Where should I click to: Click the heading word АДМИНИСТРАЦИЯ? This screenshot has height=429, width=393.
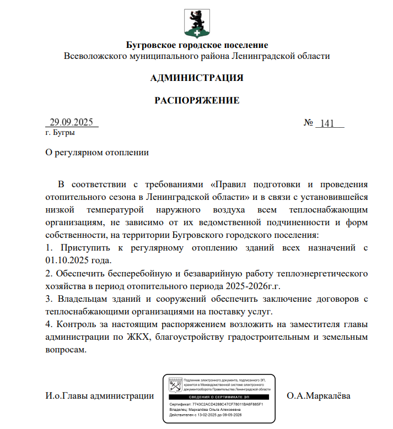pos(196,78)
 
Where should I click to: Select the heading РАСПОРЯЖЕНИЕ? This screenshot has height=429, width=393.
pos(196,100)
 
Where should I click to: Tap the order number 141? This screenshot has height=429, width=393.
pos(327,123)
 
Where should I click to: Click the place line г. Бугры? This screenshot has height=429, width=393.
pos(61,133)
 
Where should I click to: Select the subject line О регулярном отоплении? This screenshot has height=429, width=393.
pos(98,152)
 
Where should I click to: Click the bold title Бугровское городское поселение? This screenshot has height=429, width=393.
pos(197,45)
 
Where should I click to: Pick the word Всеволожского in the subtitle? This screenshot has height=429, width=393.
pos(92,56)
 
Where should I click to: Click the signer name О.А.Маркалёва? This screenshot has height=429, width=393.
pos(319,395)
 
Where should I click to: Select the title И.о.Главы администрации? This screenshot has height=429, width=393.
pos(99,395)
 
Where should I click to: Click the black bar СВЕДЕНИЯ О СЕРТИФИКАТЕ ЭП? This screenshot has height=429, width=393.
pos(219,397)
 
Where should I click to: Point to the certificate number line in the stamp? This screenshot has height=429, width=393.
pos(216,404)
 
